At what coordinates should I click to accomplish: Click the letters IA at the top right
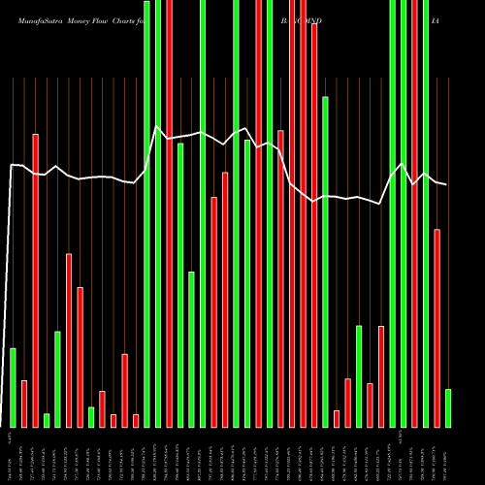point(436,19)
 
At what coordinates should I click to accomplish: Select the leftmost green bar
point(13,387)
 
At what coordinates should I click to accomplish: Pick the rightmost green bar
point(448,407)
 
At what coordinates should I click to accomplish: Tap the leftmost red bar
point(24,404)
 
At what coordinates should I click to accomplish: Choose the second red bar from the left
point(35,280)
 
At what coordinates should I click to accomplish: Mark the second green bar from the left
point(47,420)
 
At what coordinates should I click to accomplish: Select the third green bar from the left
point(57,378)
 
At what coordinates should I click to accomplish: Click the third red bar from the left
point(69,339)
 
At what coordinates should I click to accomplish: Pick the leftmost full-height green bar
point(147,213)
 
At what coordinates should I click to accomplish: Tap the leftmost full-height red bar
point(170,213)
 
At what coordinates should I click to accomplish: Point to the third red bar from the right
point(371,404)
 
